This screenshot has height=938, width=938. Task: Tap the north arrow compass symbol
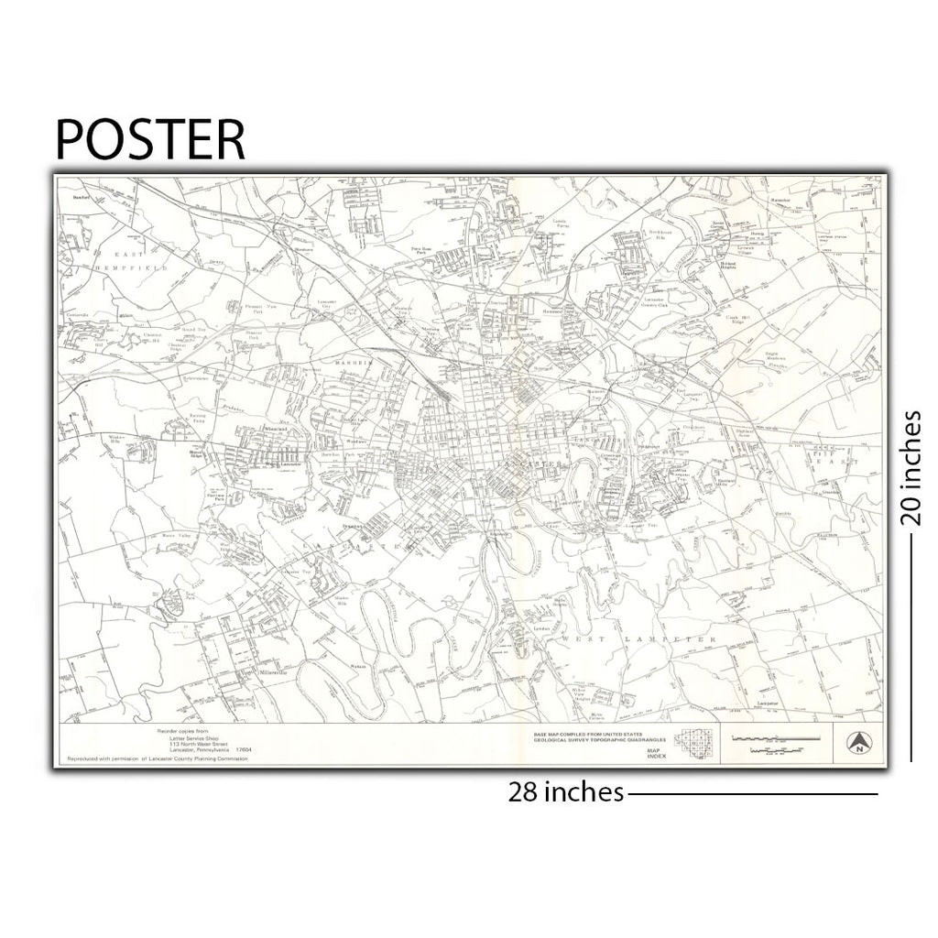click(858, 744)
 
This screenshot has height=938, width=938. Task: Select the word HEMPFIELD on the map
click(136, 268)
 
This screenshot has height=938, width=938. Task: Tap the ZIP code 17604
click(243, 750)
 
